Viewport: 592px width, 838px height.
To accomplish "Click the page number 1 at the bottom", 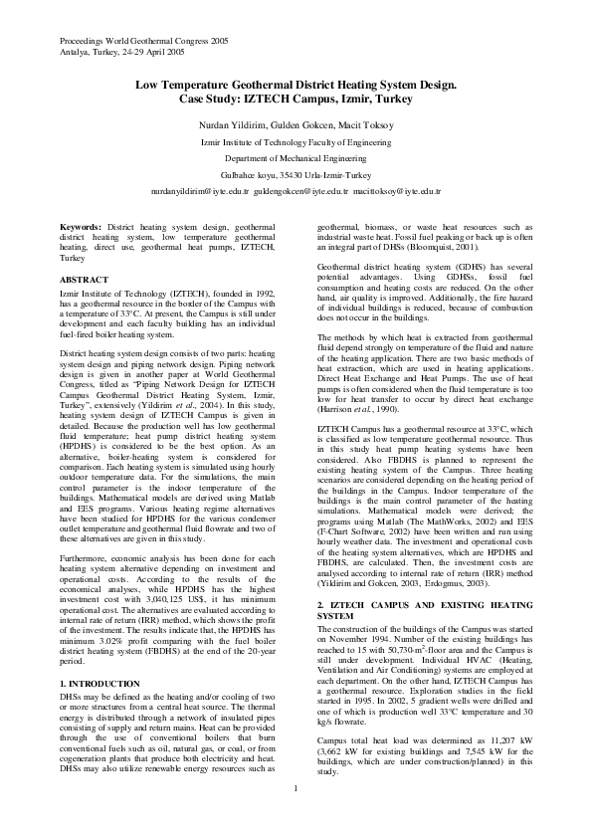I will click(296, 818).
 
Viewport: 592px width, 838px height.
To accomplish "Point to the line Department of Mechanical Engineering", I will click(296, 158).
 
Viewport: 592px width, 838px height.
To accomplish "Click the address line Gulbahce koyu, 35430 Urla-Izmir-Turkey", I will click(296, 174).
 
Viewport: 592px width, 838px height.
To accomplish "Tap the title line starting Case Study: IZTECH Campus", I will click(296, 101).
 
